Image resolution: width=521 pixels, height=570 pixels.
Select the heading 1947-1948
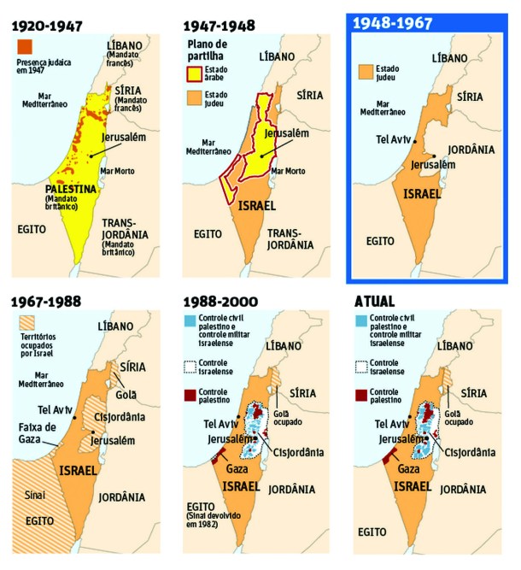(220, 26)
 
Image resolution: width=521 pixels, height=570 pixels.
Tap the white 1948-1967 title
(395, 26)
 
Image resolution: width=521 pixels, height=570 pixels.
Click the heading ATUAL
(377, 302)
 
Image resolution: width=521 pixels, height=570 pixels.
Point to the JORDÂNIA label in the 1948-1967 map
(471, 150)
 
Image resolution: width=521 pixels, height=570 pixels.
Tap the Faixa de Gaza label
(35, 433)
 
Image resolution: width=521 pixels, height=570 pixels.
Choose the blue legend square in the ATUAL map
(360, 322)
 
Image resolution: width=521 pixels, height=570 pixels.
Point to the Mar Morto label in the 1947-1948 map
(288, 171)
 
